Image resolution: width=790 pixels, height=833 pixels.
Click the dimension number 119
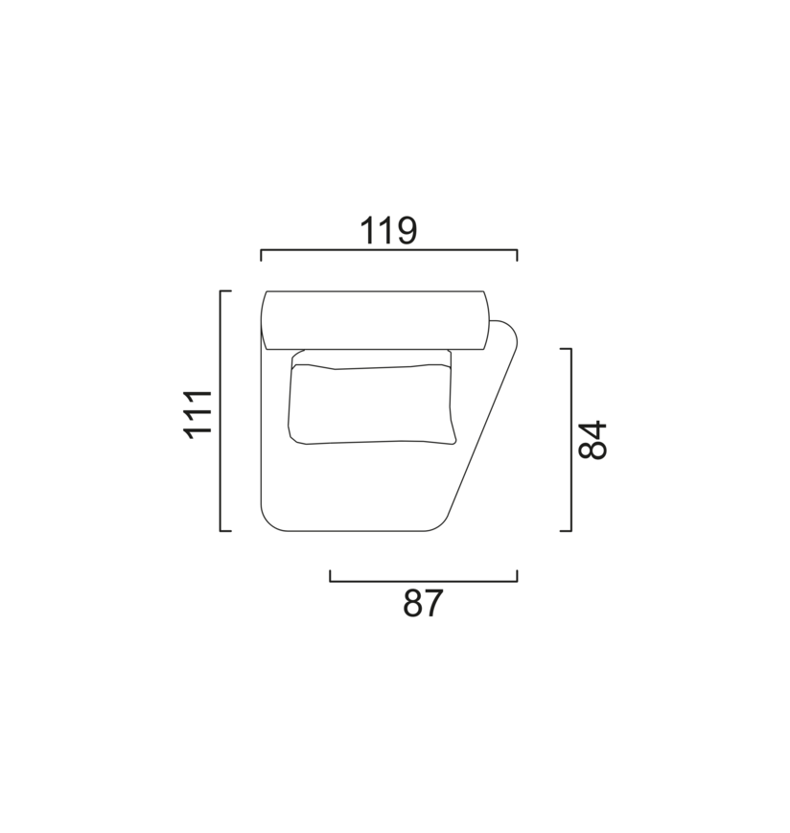point(388,231)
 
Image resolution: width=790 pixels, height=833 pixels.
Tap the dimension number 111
point(197,414)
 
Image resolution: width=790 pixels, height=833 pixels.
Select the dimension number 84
point(592,440)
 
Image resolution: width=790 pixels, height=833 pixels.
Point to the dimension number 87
point(423,604)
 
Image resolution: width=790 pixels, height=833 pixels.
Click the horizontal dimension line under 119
point(389,249)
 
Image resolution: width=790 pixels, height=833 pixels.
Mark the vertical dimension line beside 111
point(221,410)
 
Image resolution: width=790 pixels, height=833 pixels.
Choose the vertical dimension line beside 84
point(571,440)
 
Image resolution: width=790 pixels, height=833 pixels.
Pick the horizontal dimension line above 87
point(424,581)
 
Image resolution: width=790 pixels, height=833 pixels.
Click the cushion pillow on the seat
point(372,404)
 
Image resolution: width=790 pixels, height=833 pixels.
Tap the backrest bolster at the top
point(375,320)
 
